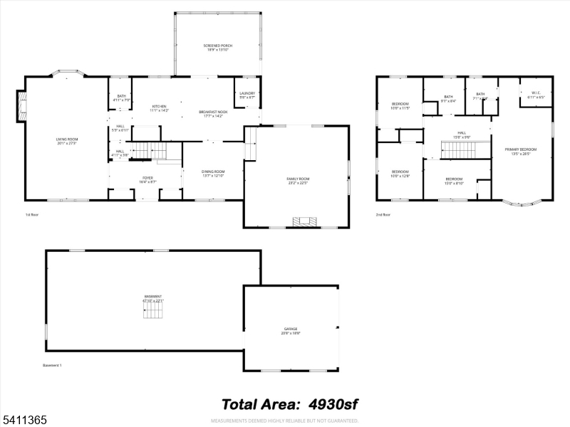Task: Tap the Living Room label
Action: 66,141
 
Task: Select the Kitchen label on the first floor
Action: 158,108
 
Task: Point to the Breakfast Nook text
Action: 213,113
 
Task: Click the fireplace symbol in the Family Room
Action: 307,221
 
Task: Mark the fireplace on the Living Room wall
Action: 21,107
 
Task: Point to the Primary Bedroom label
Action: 521,151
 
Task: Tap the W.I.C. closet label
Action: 536,95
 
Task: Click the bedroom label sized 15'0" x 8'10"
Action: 454,181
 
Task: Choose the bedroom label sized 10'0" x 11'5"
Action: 400,107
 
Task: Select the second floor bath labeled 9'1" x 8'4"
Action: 448,99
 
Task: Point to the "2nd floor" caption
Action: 383,213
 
